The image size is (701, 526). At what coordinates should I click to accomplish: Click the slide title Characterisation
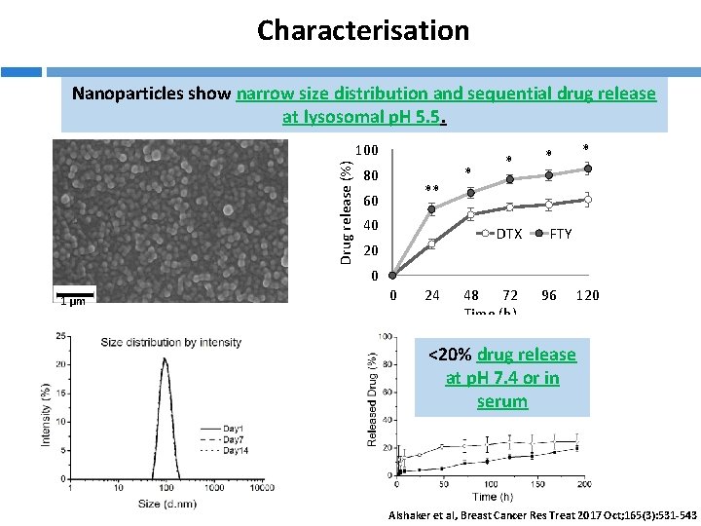(362, 30)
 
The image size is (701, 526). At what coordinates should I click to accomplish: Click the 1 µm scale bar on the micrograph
(74, 297)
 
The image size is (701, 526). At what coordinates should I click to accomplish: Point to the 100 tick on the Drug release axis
(366, 151)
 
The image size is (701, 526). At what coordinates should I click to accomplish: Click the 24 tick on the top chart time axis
(431, 295)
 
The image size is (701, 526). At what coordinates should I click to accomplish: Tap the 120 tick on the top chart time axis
(587, 295)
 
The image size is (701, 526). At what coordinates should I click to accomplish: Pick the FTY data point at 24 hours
(431, 209)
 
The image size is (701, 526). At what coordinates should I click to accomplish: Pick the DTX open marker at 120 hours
(587, 200)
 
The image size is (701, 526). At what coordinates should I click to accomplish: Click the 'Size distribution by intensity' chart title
(171, 342)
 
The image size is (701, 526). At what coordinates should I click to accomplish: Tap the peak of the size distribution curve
(165, 358)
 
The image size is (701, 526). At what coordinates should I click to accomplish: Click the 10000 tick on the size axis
(260, 489)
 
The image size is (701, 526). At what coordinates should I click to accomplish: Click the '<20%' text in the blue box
(452, 355)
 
